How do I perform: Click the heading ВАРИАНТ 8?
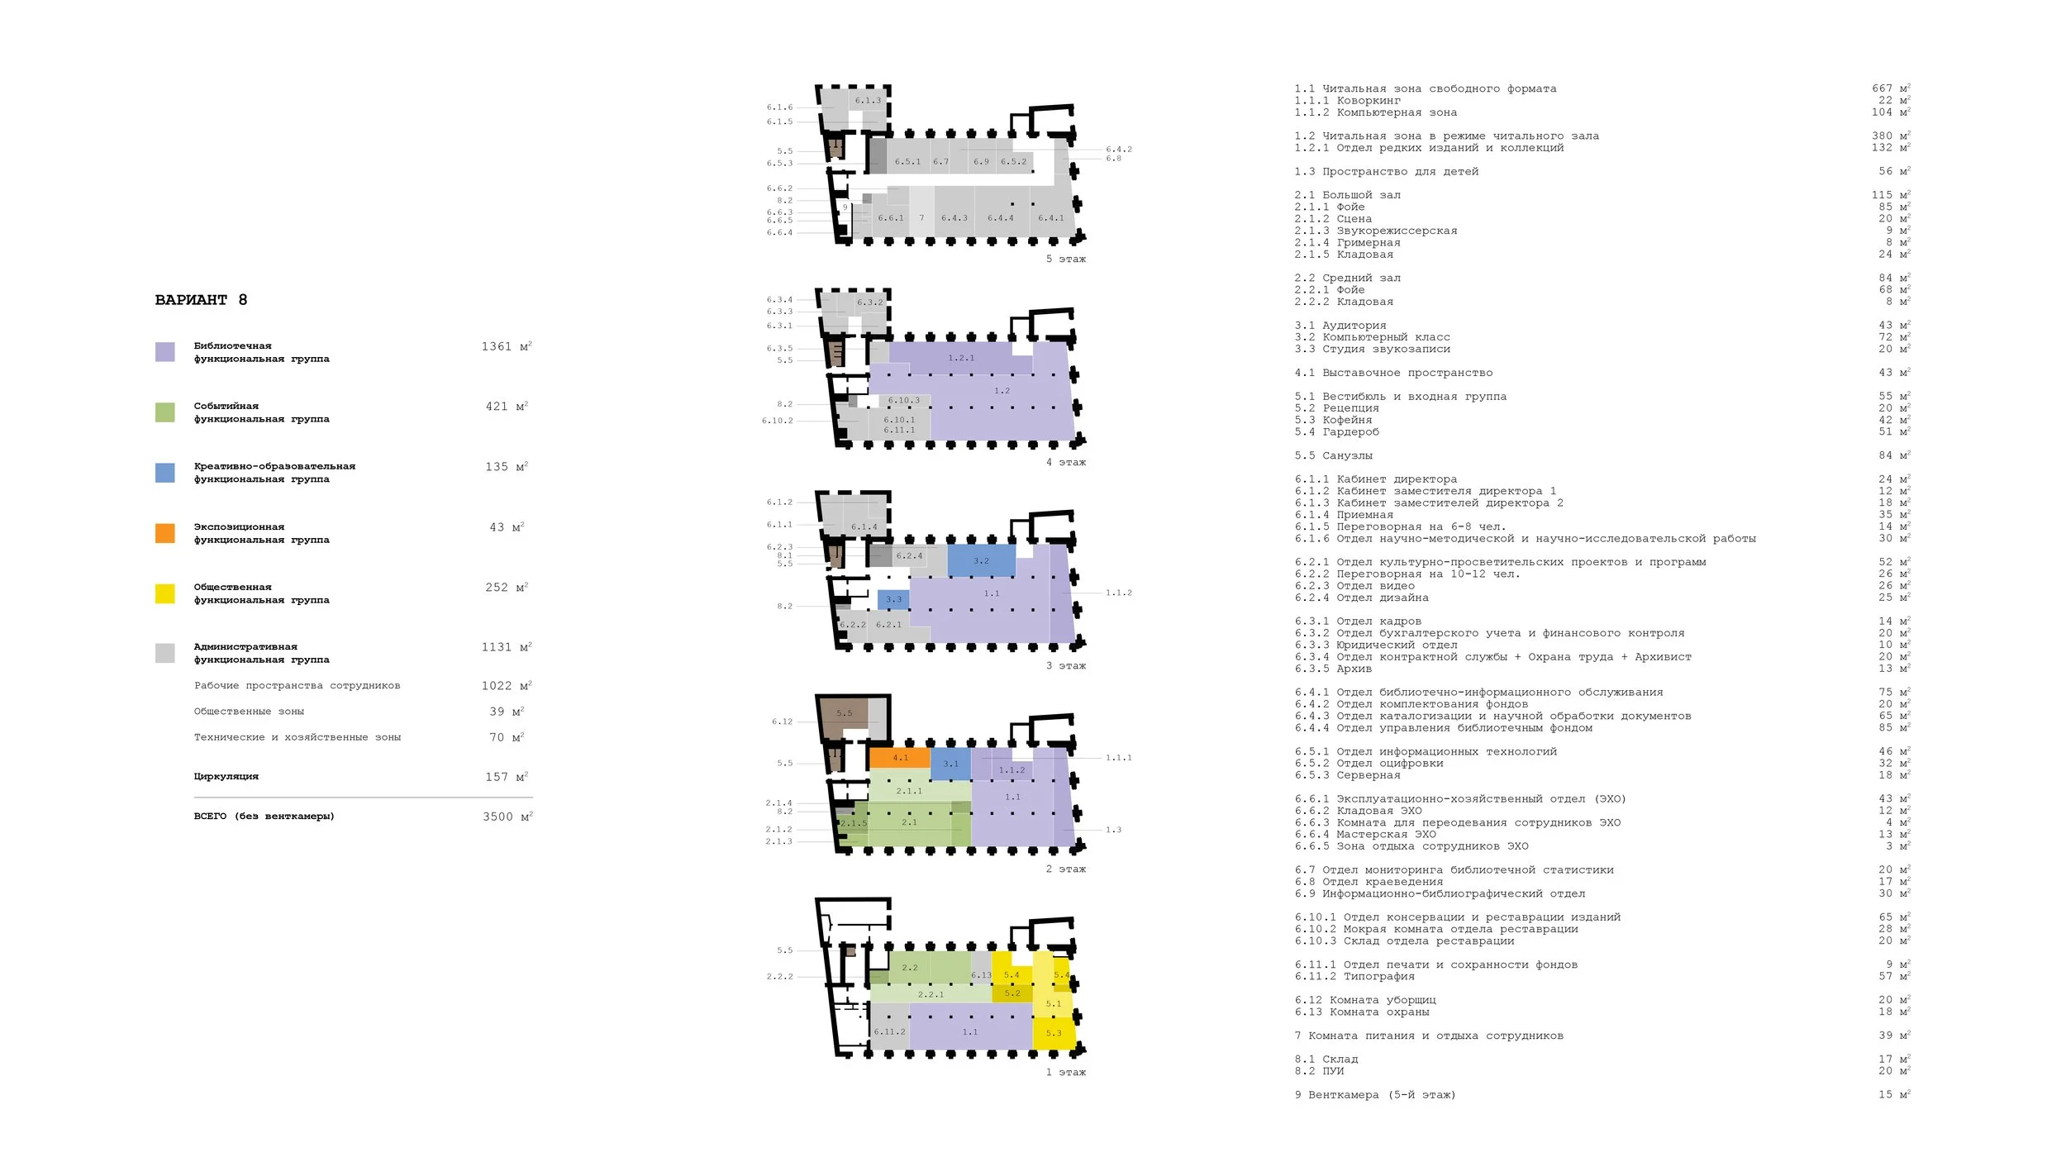tap(201, 300)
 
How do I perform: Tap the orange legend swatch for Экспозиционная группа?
tap(165, 533)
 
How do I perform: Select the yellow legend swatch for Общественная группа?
tap(165, 593)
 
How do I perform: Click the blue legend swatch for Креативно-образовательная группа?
tap(165, 473)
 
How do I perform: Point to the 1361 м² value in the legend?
tap(507, 346)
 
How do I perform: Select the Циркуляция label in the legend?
tap(226, 777)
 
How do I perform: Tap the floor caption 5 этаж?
tap(1065, 260)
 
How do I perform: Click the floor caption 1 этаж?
tap(1065, 1073)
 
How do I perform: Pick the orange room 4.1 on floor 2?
tap(899, 757)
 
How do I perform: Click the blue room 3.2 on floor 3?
tap(981, 560)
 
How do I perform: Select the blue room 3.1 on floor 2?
tap(950, 764)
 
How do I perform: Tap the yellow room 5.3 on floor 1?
tap(1054, 1033)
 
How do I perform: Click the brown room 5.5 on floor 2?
tap(843, 712)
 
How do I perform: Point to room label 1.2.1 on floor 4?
tap(961, 358)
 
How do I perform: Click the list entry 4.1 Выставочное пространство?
tap(1393, 373)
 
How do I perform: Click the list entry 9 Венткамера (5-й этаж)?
tap(1375, 1095)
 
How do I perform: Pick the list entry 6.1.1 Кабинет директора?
tap(1376, 479)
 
